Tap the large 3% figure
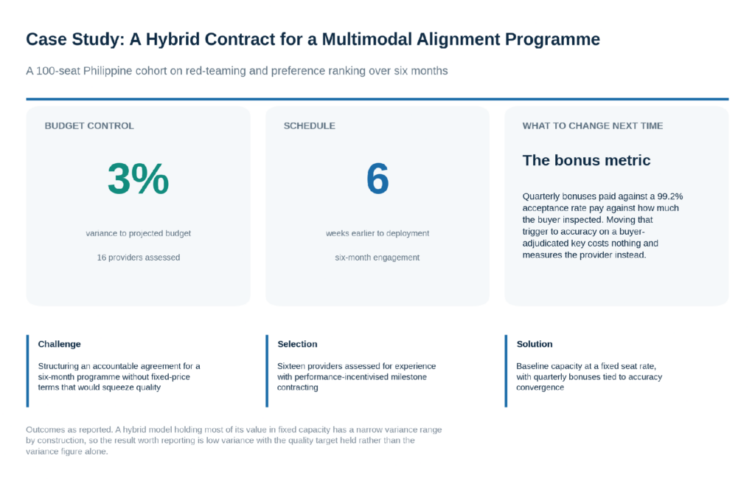tap(138, 179)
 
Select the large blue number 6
tap(377, 179)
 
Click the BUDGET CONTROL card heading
tap(89, 125)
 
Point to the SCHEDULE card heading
tap(309, 125)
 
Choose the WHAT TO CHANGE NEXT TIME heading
tap(593, 125)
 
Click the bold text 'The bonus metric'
tap(586, 160)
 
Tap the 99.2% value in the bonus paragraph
tap(669, 196)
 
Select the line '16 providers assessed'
tap(138, 258)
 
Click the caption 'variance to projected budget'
tap(138, 233)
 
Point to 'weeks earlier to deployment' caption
tap(377, 233)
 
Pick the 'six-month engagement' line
tap(377, 258)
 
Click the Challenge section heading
tap(59, 344)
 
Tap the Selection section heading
tap(297, 344)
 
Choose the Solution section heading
tap(535, 344)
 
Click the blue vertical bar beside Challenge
tap(27, 371)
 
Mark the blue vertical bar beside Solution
tap(506, 371)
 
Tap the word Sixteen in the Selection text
tap(291, 366)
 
